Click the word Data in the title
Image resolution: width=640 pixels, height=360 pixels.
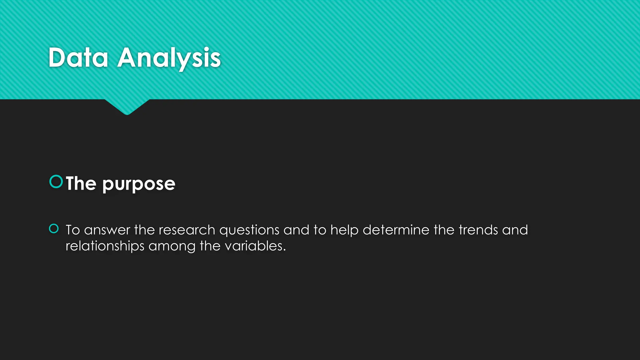point(78,58)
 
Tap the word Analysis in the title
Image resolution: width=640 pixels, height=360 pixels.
point(169,58)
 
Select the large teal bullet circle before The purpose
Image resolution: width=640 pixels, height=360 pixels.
point(56,182)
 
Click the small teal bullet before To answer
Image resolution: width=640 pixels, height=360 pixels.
point(54,229)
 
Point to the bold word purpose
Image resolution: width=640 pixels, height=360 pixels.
point(139,184)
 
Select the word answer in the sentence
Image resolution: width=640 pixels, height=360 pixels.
point(107,230)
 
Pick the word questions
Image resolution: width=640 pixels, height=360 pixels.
point(249,231)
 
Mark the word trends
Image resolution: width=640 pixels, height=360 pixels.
point(478,230)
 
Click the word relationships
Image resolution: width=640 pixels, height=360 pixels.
point(105,246)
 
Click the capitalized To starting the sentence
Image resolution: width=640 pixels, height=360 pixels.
point(73,230)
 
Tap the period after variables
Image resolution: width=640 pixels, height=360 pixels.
point(284,250)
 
